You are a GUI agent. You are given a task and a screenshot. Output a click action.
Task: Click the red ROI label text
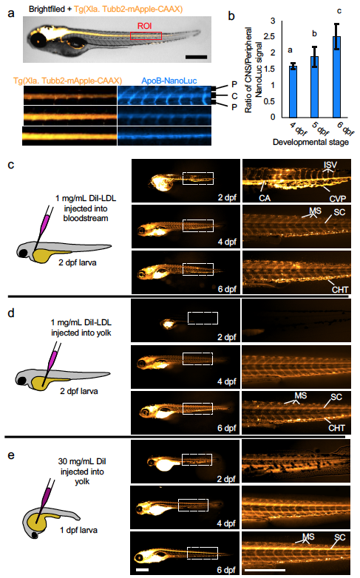point(145,26)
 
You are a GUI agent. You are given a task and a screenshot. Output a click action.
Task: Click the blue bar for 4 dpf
point(293,92)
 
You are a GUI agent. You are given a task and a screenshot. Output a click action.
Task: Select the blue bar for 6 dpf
point(336,77)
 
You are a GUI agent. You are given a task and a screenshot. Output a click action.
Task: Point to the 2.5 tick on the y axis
point(271,36)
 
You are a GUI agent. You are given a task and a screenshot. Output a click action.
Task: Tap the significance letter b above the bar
point(314,33)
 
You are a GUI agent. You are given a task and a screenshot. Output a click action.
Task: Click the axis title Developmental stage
point(310,143)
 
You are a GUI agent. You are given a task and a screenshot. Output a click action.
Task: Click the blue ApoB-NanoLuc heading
point(169,81)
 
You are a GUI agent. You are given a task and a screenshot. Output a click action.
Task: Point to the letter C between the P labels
point(234,96)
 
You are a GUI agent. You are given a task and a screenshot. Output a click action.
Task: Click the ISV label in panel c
point(330,164)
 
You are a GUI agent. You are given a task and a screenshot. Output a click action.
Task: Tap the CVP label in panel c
point(338,199)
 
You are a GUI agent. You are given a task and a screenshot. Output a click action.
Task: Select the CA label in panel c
point(265,198)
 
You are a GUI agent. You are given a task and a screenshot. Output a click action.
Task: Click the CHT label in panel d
point(337,428)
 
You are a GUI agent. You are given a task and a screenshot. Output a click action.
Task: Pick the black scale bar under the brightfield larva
point(196,57)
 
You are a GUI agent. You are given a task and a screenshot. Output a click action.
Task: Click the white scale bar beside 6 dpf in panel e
point(142,570)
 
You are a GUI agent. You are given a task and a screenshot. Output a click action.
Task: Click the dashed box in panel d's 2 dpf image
point(203,312)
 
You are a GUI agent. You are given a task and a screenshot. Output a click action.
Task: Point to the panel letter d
point(11,313)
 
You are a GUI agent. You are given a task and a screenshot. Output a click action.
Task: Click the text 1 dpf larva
point(78,531)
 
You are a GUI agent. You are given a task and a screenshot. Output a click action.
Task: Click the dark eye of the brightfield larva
point(37,40)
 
